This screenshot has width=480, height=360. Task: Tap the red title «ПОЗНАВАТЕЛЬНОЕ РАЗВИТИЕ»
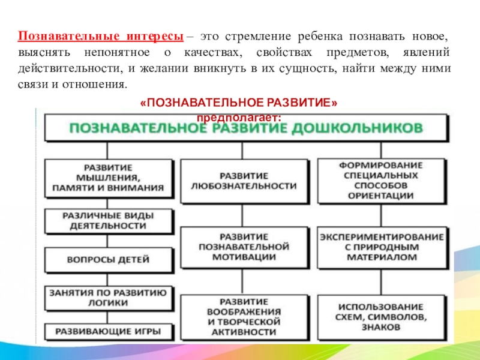coord(238,103)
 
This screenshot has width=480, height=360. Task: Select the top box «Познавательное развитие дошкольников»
coord(245,128)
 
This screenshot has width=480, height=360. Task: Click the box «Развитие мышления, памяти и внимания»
coord(108,177)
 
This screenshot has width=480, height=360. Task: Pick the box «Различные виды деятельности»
coord(108,221)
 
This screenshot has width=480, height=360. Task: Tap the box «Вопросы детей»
coord(108,260)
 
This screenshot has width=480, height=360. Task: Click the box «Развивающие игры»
coord(108,331)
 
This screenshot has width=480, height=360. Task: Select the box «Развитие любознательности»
coord(243,181)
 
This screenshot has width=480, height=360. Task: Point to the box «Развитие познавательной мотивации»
coord(243,247)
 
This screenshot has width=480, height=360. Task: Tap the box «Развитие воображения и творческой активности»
coord(243,316)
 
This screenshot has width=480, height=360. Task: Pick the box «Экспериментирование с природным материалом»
coord(380,247)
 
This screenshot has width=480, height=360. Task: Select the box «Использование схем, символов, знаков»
coord(380,316)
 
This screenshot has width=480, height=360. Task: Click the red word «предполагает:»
coord(238,117)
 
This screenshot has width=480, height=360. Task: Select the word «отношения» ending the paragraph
coord(101,83)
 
